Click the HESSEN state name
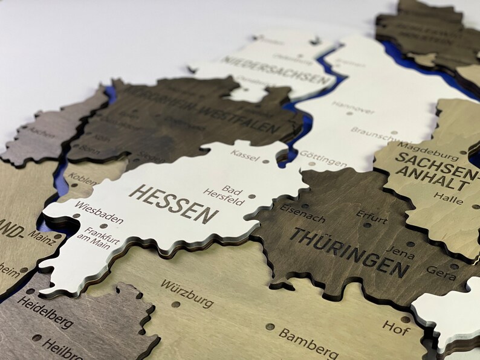click(174, 202)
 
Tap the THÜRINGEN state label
click(349, 250)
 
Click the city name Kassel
click(245, 154)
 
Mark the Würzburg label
click(187, 292)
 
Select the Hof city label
click(396, 327)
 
